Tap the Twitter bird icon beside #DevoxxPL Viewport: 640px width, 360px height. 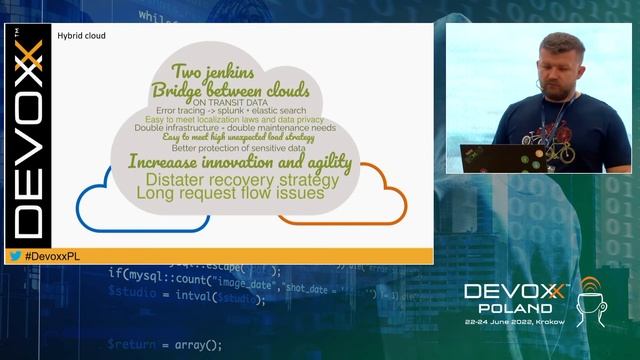tap(16, 256)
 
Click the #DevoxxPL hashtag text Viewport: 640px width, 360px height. tap(50, 256)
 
